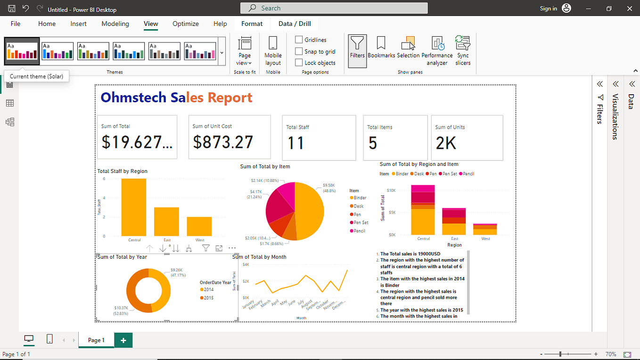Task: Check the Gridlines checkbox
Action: pos(299,40)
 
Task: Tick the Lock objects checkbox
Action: pos(299,63)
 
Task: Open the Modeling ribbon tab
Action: pos(115,24)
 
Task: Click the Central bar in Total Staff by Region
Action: pos(134,207)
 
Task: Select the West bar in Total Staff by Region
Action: pos(199,226)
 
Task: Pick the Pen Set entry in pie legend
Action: pos(361,222)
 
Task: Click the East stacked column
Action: pos(454,221)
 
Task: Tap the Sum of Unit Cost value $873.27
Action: pos(223,142)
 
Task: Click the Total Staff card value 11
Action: pos(296,143)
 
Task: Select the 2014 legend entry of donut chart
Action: pos(208,290)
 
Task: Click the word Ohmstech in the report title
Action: pos(133,98)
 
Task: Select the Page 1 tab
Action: pos(96,340)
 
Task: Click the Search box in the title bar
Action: pos(334,8)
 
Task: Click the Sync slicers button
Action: pos(463,50)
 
